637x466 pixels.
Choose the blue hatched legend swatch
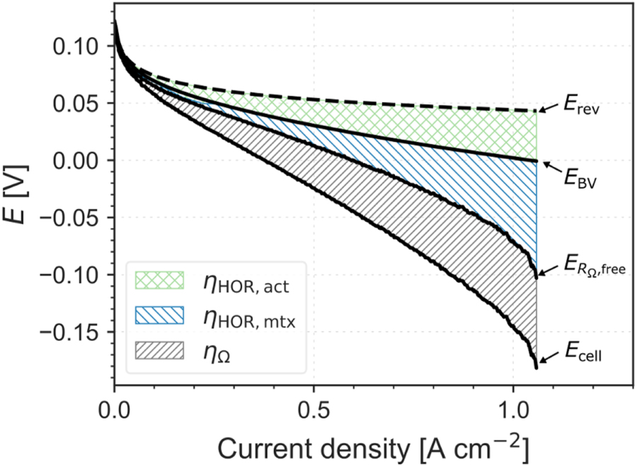point(159,317)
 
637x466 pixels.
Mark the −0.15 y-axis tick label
point(70,331)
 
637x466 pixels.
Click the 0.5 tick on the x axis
point(313,410)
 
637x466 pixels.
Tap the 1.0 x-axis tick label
point(512,410)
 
